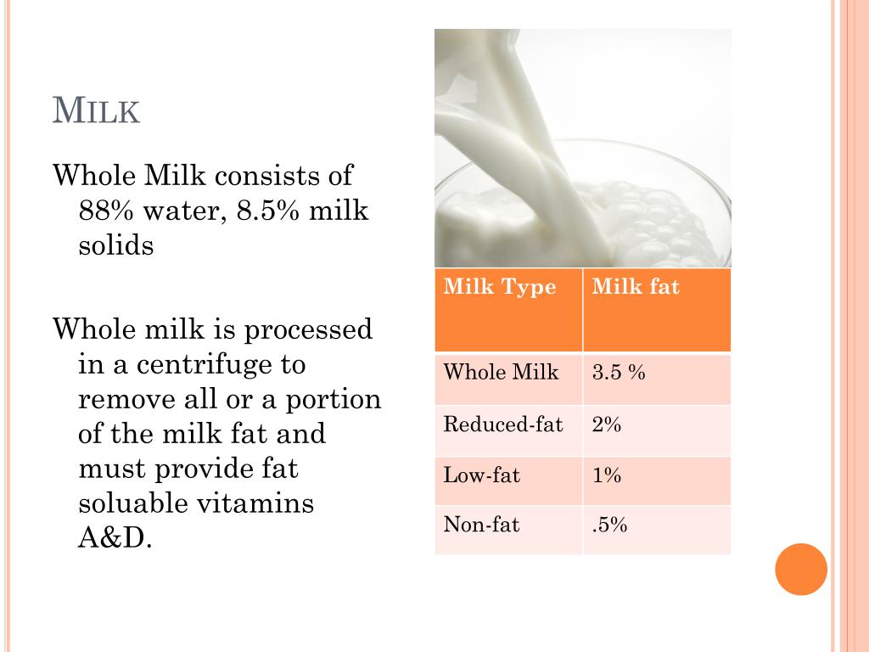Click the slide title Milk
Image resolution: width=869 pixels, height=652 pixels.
(96, 111)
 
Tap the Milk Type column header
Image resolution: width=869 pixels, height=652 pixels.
(500, 287)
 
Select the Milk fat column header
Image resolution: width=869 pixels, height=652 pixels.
(636, 287)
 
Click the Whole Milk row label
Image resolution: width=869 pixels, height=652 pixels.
(501, 372)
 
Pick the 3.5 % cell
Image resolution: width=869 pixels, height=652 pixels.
(619, 372)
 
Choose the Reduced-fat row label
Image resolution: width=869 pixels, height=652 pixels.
(503, 424)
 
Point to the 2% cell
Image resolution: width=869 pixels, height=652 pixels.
(607, 424)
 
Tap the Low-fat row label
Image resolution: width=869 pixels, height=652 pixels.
(481, 475)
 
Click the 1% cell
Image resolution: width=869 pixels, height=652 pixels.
(607, 475)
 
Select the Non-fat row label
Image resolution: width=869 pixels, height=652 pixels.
(481, 525)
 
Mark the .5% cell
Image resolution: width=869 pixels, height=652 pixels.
(609, 525)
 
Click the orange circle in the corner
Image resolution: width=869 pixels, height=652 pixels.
(801, 569)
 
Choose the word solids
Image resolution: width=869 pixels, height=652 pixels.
(116, 245)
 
